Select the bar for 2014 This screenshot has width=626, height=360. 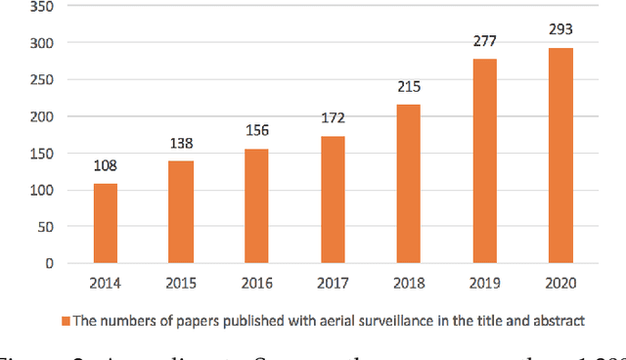(x=107, y=223)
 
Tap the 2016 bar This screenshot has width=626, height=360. (x=257, y=205)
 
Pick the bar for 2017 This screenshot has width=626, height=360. (x=332, y=200)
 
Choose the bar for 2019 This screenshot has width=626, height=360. (x=483, y=161)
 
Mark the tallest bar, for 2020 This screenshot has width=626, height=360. (x=559, y=156)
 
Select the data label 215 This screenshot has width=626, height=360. (x=408, y=86)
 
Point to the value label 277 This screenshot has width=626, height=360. (x=483, y=40)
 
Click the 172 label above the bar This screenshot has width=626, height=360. (x=332, y=117)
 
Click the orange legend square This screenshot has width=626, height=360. (x=66, y=320)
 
